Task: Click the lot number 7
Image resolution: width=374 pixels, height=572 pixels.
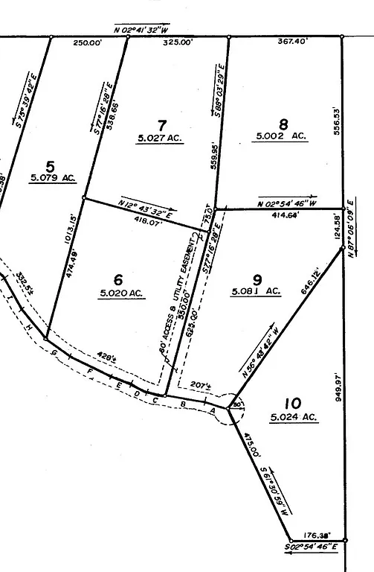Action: [x=162, y=123]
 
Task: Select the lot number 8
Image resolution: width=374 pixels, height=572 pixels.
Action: [x=283, y=124]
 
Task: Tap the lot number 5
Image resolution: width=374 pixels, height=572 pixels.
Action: [x=51, y=165]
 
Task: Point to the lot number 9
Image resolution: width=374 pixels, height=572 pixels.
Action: [x=257, y=279]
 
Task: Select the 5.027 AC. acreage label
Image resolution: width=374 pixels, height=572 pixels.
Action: [x=160, y=138]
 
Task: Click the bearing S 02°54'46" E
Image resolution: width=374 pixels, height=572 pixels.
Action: [x=312, y=547]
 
